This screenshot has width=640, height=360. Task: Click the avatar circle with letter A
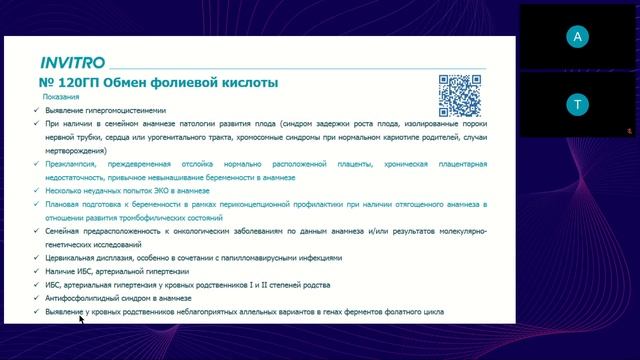(575, 37)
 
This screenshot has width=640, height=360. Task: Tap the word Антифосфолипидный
(85, 298)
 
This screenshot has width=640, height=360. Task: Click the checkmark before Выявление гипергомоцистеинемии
(35, 109)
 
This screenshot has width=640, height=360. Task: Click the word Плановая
(65, 203)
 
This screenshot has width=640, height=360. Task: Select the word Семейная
(66, 230)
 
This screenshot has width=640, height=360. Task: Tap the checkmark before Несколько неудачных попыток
(35, 189)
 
